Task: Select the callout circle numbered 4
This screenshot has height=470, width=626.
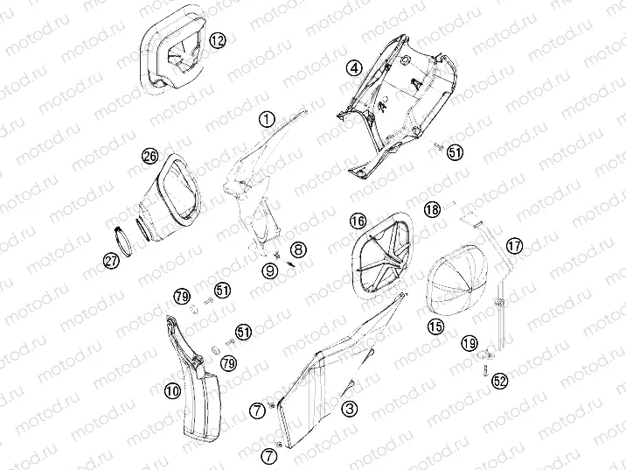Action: click(x=353, y=67)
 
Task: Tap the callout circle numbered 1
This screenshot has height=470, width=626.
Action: click(x=268, y=118)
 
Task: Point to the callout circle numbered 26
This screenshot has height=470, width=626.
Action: click(x=150, y=157)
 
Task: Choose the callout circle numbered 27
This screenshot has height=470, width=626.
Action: click(x=111, y=260)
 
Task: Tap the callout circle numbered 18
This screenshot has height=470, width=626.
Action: click(x=432, y=208)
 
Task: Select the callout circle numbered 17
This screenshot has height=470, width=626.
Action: click(x=513, y=246)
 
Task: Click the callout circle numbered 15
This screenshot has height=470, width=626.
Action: click(x=435, y=326)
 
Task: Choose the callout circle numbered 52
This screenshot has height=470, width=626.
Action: click(x=499, y=381)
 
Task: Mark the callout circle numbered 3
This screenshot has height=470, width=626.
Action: click(x=349, y=408)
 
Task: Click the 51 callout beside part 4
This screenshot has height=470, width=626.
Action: click(x=455, y=153)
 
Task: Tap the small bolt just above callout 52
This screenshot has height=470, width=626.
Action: click(x=483, y=370)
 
